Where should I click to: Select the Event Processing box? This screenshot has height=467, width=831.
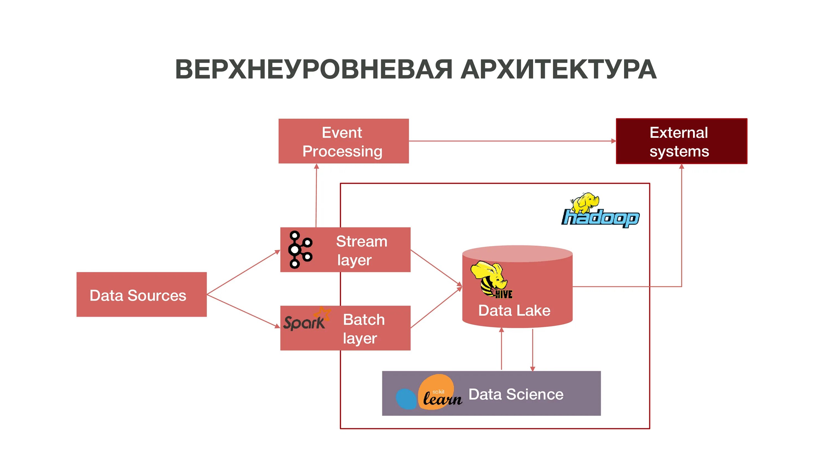(343, 141)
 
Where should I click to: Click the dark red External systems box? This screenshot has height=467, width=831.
(681, 141)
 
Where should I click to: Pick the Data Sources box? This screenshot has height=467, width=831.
(141, 295)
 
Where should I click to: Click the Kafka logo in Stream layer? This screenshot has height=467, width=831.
(300, 250)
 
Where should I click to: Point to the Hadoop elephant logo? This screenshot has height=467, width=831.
(600, 210)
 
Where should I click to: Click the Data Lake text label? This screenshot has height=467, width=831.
(514, 311)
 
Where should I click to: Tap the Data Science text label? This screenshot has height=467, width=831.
(516, 395)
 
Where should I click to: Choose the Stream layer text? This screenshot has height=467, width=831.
(361, 250)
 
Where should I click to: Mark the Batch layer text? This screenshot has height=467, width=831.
(363, 329)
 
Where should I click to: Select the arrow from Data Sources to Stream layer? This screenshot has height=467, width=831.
(243, 272)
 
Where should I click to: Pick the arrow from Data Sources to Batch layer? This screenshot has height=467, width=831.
(243, 311)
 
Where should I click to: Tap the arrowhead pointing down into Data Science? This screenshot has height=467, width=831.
(533, 369)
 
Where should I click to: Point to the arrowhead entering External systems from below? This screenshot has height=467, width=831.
(682, 167)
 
